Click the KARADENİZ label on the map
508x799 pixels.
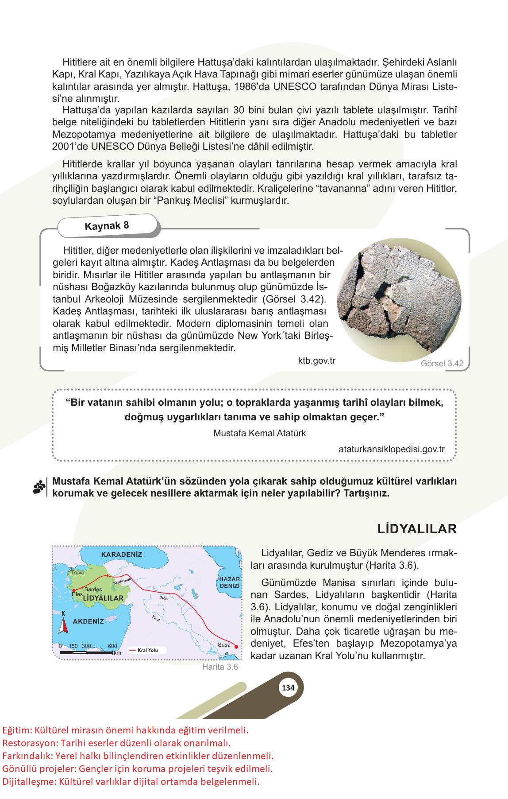pyautogui.click(x=122, y=554)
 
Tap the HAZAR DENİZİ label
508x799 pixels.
pyautogui.click(x=229, y=582)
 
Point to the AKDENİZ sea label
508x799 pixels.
pyautogui.click(x=88, y=621)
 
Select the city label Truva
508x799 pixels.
pyautogui.click(x=77, y=573)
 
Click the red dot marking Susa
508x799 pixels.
pyautogui.click(x=236, y=646)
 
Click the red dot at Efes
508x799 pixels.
pyautogui.click(x=73, y=590)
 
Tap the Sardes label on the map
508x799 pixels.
pyautogui.click(x=93, y=589)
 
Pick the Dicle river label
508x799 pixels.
pyautogui.click(x=164, y=597)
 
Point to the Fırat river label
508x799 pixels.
pyautogui.click(x=156, y=619)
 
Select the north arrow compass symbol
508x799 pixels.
pyautogui.click(x=63, y=625)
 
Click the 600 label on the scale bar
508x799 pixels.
pyautogui.click(x=112, y=646)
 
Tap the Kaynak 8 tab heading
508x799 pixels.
pyautogui.click(x=107, y=226)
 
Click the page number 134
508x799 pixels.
pyautogui.click(x=288, y=688)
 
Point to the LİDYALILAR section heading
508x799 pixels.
pyautogui.click(x=417, y=528)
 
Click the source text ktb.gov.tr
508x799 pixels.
pyautogui.click(x=317, y=361)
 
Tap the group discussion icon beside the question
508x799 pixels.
pyautogui.click(x=39, y=487)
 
